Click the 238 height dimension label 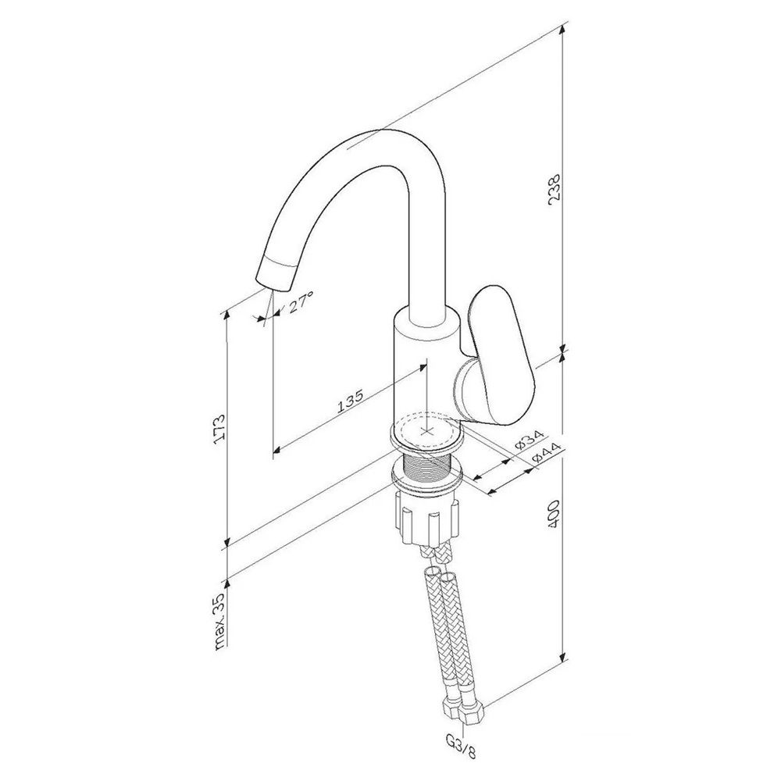[x=555, y=187]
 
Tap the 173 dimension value [x=219, y=428]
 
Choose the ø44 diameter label [x=545, y=452]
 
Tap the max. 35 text [x=219, y=622]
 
